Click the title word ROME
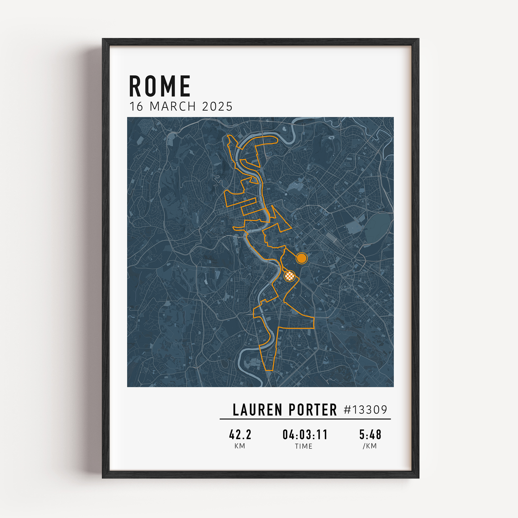pyautogui.click(x=160, y=86)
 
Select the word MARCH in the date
pyautogui.click(x=173, y=106)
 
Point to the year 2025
pyautogui.click(x=217, y=106)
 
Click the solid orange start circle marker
pyautogui.click(x=302, y=258)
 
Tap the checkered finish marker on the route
pyautogui.click(x=290, y=276)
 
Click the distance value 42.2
pyautogui.click(x=240, y=435)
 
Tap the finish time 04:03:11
pyautogui.click(x=305, y=435)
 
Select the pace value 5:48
pyautogui.click(x=370, y=435)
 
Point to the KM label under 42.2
pyautogui.click(x=240, y=446)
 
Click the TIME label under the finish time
pyautogui.click(x=304, y=446)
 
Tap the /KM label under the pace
pyautogui.click(x=370, y=446)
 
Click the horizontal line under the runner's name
pyautogui.click(x=305, y=419)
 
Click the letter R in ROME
pyautogui.click(x=135, y=86)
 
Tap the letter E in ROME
pyautogui.click(x=185, y=86)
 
